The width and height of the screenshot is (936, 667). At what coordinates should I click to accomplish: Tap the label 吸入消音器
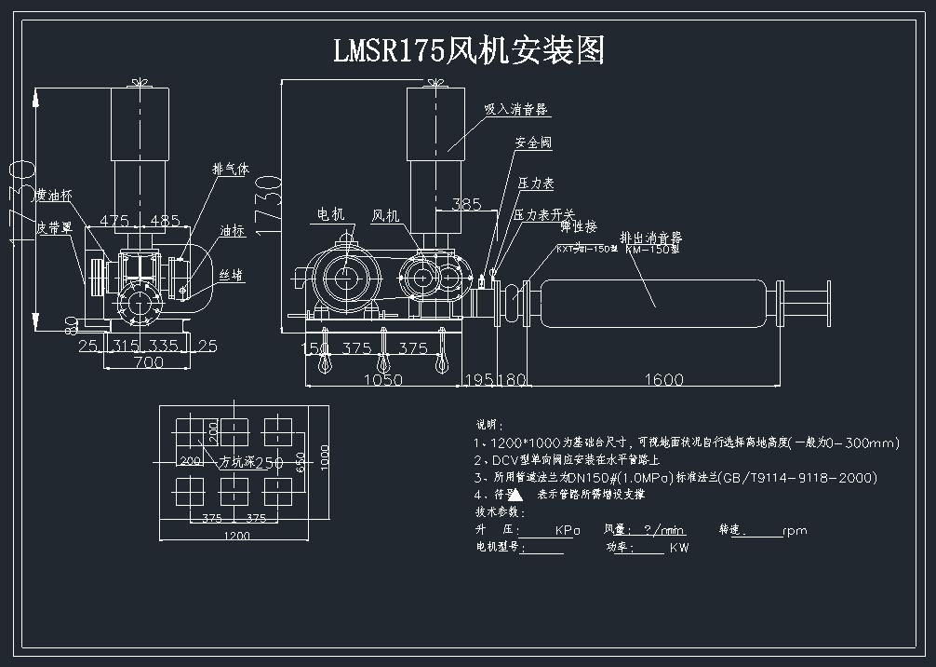tap(516, 109)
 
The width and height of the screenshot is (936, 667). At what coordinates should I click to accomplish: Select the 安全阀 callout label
tap(534, 143)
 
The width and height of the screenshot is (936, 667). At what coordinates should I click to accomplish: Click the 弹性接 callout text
tap(578, 227)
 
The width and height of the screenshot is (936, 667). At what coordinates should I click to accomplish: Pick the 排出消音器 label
tap(650, 238)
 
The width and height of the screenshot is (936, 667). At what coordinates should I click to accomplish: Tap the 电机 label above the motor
tap(330, 214)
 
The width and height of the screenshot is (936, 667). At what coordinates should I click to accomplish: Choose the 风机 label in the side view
tap(385, 216)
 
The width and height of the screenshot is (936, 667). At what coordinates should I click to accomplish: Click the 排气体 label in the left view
tap(231, 170)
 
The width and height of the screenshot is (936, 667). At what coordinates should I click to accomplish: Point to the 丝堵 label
tap(231, 275)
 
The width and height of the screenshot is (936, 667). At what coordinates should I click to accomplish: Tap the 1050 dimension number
tap(382, 379)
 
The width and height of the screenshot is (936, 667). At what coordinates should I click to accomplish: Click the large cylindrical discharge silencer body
tap(652, 297)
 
